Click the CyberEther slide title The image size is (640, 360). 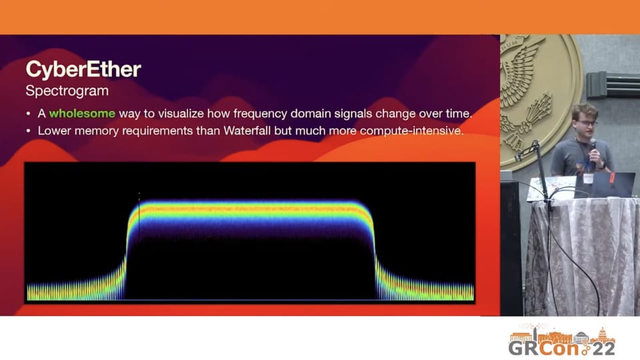(x=83, y=69)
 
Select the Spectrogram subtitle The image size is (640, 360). (x=67, y=91)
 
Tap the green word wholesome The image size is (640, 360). (x=82, y=113)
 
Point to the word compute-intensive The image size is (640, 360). (x=411, y=131)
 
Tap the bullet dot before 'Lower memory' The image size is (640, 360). (x=28, y=131)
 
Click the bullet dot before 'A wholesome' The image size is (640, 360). (x=28, y=114)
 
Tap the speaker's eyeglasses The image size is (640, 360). (x=587, y=123)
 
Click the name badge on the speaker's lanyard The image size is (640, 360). (x=588, y=179)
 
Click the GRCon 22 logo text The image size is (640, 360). (x=561, y=348)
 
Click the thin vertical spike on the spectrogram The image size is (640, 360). (x=139, y=216)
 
